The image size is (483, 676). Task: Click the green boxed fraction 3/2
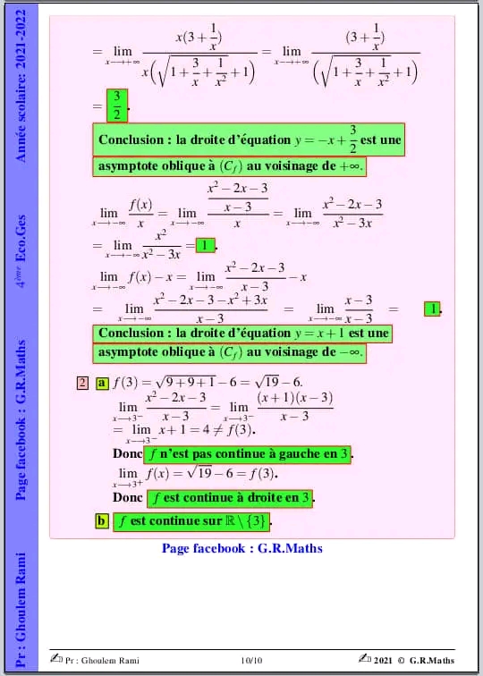click(x=114, y=106)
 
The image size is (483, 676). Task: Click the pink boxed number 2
click(x=82, y=384)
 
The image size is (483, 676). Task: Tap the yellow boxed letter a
click(x=102, y=384)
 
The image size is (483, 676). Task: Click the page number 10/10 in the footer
click(x=252, y=661)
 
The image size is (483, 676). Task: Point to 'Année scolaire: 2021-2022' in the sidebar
click(x=21, y=85)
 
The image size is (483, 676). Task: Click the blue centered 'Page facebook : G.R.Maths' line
click(x=241, y=548)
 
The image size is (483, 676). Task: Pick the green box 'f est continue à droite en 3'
click(x=231, y=497)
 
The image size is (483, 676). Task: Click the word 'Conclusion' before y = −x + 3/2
click(x=133, y=140)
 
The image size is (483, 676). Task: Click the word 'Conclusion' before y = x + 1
click(x=133, y=334)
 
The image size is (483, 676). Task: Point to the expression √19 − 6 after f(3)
click(x=277, y=384)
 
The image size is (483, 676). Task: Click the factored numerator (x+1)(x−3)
click(x=294, y=397)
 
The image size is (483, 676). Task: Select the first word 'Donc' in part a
click(x=118, y=454)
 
